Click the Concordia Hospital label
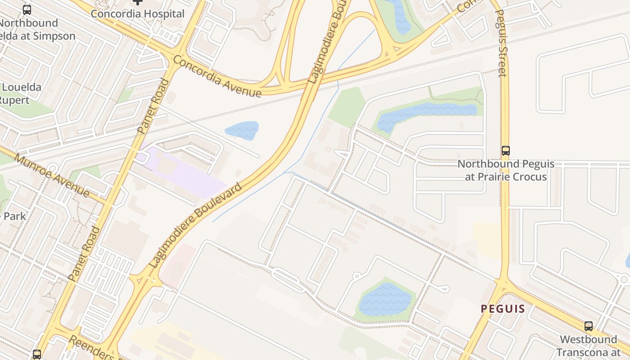pos(137,14)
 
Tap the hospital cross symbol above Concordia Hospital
pos(138,2)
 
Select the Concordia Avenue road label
pos(216,76)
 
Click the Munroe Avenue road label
pos(51,175)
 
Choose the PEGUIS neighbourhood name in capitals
pos(503,309)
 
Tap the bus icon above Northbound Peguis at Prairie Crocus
pos(506,151)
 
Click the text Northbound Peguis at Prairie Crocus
pos(506,170)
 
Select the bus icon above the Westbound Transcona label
pos(588,326)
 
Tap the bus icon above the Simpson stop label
pos(27,10)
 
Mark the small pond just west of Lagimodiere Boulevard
pos(242,130)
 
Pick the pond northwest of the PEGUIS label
pos(385,299)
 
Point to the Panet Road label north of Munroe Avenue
pos(153,107)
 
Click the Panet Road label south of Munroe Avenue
pos(84,254)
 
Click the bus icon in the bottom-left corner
pos(37,355)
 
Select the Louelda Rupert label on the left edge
pos(20,94)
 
